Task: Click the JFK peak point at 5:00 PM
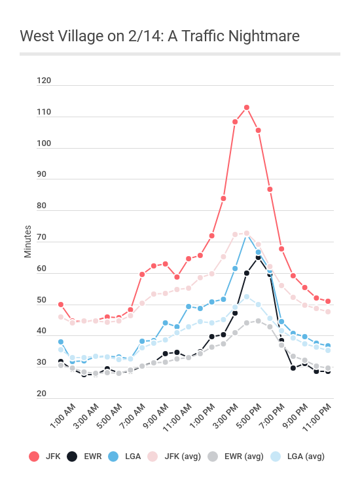click(247, 107)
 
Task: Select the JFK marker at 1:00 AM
click(61, 305)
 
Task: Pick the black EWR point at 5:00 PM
click(258, 257)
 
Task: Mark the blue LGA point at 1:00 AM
click(61, 342)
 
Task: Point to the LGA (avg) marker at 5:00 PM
click(247, 297)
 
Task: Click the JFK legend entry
click(45, 456)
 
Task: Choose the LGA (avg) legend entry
click(295, 456)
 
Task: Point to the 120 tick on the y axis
click(44, 81)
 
